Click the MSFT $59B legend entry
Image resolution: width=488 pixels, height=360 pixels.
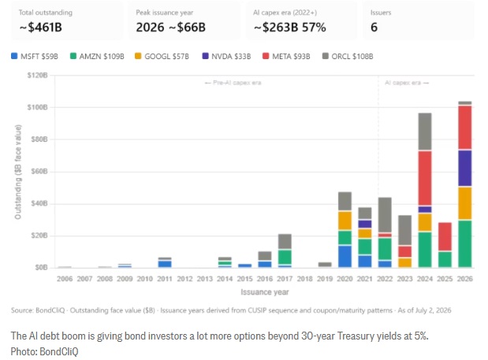(35, 56)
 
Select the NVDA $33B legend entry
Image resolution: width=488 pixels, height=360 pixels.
(226, 56)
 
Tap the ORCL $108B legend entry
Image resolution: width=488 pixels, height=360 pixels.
(348, 56)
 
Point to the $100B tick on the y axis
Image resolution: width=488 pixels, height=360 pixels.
(38, 107)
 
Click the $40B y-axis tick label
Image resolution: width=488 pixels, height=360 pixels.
(39, 203)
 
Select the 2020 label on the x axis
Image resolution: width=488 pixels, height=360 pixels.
(345, 279)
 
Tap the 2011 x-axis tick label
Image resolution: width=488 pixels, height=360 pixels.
(165, 279)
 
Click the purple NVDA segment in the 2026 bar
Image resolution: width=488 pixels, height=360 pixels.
(464, 169)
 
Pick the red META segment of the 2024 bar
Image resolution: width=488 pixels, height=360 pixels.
(425, 179)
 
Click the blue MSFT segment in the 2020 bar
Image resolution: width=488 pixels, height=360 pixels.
(345, 257)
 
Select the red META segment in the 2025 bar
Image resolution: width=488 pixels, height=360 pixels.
(445, 236)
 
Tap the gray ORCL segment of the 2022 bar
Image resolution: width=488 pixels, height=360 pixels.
(385, 215)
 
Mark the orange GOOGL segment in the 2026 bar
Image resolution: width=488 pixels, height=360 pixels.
(464, 203)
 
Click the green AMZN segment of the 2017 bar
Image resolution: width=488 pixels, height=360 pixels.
(285, 257)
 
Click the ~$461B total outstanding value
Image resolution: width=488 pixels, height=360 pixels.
(41, 28)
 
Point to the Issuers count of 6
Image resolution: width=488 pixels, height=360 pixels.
(374, 28)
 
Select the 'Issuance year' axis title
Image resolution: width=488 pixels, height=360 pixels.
(265, 292)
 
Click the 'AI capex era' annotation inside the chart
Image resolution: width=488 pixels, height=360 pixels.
(407, 83)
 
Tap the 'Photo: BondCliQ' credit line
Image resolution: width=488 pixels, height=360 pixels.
(44, 351)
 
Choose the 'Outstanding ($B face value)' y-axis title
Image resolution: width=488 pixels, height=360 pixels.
(18, 172)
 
